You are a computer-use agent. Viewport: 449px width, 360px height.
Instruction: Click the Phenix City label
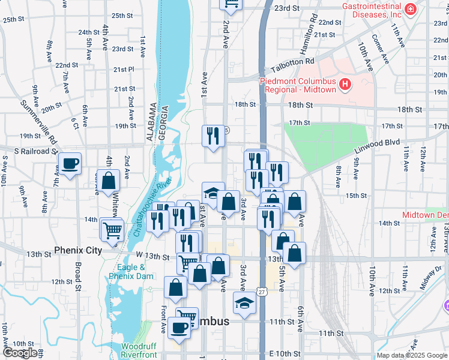[78, 250]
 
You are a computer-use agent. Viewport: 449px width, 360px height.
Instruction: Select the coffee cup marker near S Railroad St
[70, 164]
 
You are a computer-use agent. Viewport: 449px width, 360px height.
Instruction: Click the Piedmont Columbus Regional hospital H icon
[345, 85]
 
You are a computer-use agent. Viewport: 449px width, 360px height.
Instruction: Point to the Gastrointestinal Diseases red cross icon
[410, 10]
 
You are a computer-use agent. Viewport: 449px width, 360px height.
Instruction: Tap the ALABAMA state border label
[151, 122]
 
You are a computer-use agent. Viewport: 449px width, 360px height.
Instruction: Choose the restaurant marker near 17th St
[212, 136]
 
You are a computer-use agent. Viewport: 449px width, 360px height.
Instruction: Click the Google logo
[20, 353]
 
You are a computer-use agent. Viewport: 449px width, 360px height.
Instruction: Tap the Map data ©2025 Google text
[411, 355]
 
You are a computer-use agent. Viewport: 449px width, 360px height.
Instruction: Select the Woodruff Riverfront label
[139, 350]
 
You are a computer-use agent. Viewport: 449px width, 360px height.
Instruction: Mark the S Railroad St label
[28, 151]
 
